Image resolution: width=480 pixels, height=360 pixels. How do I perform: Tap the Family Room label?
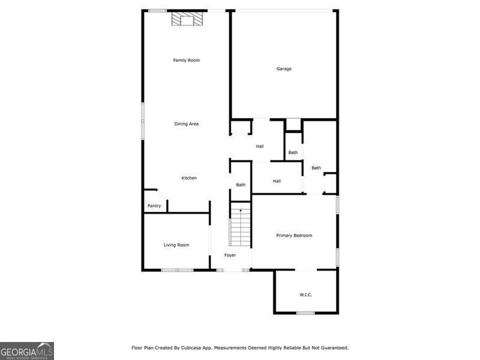(186, 60)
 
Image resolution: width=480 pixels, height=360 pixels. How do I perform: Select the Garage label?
(284, 69)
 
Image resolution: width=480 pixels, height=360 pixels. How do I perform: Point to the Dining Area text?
(186, 124)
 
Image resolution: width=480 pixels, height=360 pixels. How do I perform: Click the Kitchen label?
(189, 178)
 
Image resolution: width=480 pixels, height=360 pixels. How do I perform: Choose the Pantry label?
(154, 206)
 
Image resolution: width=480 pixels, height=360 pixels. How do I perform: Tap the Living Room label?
(176, 245)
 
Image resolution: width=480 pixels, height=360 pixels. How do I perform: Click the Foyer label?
(230, 256)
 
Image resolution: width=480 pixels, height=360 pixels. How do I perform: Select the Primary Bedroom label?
(294, 236)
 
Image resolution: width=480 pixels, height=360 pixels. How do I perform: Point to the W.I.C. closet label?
(306, 295)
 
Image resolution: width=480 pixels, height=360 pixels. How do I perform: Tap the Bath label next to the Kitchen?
(241, 185)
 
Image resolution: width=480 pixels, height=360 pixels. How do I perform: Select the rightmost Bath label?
(316, 168)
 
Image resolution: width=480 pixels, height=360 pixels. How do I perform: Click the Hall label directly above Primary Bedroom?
(277, 181)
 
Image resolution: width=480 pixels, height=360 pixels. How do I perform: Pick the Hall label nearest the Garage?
(260, 146)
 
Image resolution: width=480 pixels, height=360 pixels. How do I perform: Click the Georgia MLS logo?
(27, 350)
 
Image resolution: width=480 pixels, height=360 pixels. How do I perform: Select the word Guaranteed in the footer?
(333, 347)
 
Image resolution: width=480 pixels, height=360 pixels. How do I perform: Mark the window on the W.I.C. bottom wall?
(305, 313)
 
